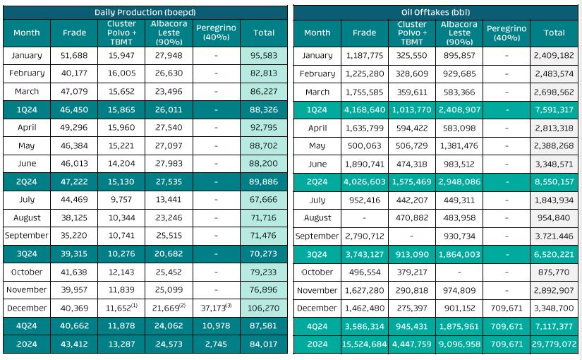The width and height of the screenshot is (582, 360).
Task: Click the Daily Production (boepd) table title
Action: coord(145,12)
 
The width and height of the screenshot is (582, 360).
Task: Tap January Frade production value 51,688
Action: coord(74,55)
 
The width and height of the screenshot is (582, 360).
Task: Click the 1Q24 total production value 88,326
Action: coord(264,109)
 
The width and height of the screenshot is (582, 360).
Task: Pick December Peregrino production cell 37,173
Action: coord(215,308)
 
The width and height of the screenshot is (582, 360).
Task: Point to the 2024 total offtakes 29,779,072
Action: coord(554,344)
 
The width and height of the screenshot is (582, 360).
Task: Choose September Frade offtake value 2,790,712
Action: coord(364,236)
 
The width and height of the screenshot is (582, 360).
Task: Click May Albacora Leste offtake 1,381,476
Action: coord(459,146)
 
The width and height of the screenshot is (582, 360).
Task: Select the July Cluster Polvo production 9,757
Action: coord(121,200)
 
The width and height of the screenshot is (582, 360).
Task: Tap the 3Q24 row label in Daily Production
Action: coord(27,254)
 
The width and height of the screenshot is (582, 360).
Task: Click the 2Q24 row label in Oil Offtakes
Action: coord(317,181)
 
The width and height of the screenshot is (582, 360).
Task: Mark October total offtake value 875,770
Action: coord(554,272)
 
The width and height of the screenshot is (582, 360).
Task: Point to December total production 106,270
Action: coord(264,308)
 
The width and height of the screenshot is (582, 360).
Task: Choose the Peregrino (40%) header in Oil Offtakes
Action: coord(506,32)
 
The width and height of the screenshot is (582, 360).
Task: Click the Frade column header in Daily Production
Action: coord(74,32)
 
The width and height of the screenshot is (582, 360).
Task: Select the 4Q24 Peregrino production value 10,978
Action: coord(217,326)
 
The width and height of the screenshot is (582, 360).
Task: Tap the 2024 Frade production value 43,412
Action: coord(74,344)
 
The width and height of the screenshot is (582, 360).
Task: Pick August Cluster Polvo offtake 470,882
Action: coord(412,218)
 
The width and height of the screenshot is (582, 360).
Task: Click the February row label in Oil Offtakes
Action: coord(317,73)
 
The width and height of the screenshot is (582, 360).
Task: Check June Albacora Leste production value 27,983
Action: coord(169,164)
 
